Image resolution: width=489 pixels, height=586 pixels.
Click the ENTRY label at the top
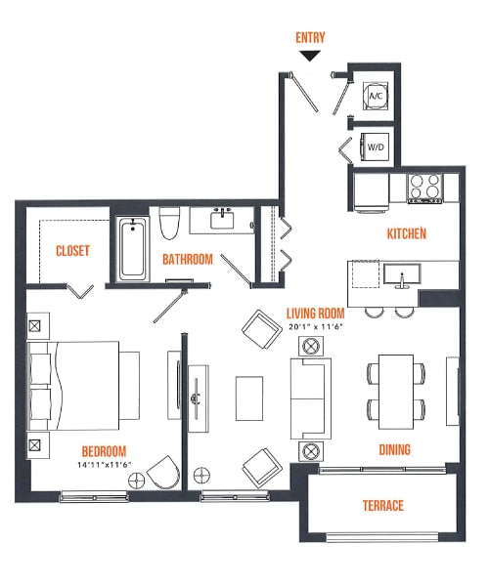pyautogui.click(x=310, y=38)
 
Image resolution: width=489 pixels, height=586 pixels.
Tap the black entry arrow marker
pyautogui.click(x=310, y=56)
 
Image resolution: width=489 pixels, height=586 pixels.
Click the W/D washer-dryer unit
pyautogui.click(x=376, y=146)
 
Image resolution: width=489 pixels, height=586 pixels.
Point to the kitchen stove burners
pyautogui.click(x=424, y=186)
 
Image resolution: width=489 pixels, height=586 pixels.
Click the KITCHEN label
pyautogui.click(x=407, y=234)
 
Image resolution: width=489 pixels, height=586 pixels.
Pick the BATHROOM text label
pyautogui.click(x=188, y=260)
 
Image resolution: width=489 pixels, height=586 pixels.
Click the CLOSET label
pyautogui.click(x=72, y=251)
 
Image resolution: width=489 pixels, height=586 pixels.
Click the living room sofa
pyautogui.click(x=310, y=397)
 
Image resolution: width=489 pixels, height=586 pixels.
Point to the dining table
pyautogui.click(x=397, y=391)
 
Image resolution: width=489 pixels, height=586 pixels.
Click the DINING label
pyautogui.click(x=394, y=450)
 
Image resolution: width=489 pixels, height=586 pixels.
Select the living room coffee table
pyautogui.click(x=248, y=397)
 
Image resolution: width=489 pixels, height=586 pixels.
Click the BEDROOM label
pyautogui.click(x=105, y=451)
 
